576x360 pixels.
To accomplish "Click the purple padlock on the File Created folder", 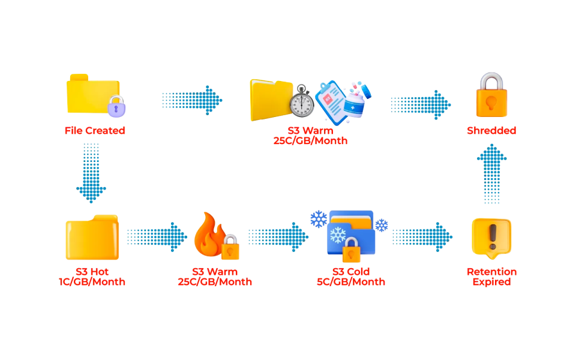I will point(116,107).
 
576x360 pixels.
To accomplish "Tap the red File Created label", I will point(95,130).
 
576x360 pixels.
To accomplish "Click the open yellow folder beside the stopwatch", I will point(271,100).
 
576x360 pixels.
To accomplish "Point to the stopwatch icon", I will point(302,103).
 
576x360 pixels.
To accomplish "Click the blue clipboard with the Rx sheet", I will point(331,101).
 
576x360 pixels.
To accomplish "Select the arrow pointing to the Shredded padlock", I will point(419,105).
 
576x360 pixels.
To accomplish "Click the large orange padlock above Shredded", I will point(491,96).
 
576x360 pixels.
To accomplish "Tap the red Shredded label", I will point(490,130).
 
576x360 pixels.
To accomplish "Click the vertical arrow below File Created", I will point(91,173).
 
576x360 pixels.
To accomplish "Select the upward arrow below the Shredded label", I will point(491,173).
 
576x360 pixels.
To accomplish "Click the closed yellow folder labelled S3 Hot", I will point(92,238).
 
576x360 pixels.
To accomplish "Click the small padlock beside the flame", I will point(230,248).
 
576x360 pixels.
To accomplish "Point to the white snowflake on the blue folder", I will point(343,233).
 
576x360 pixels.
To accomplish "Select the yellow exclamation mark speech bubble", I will point(491,238).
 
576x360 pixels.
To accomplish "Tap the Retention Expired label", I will point(491,276).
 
